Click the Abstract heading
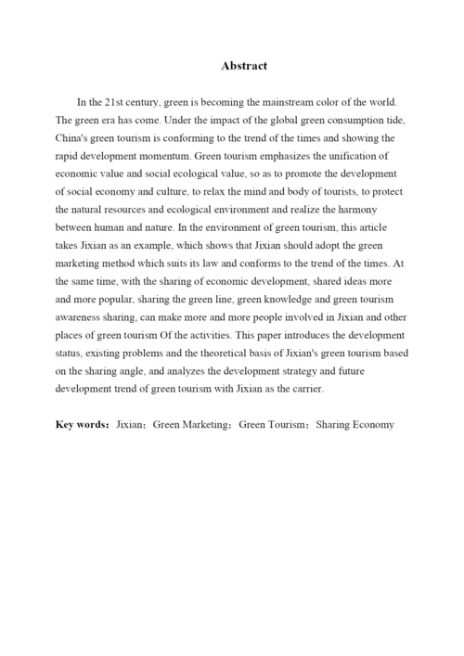point(244,66)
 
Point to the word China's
point(75,138)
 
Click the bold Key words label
point(83,425)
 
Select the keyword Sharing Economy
point(355,425)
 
